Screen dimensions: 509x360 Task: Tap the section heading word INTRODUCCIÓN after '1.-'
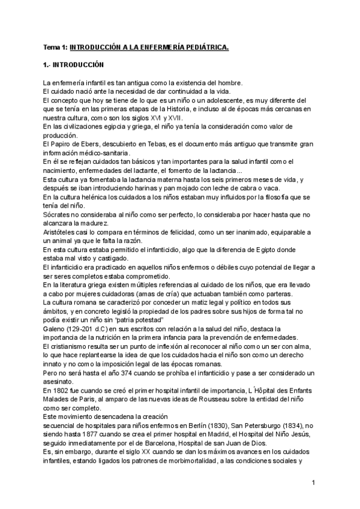point(78,64)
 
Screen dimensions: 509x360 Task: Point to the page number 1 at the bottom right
point(314,483)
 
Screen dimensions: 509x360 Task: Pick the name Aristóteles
point(60,231)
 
